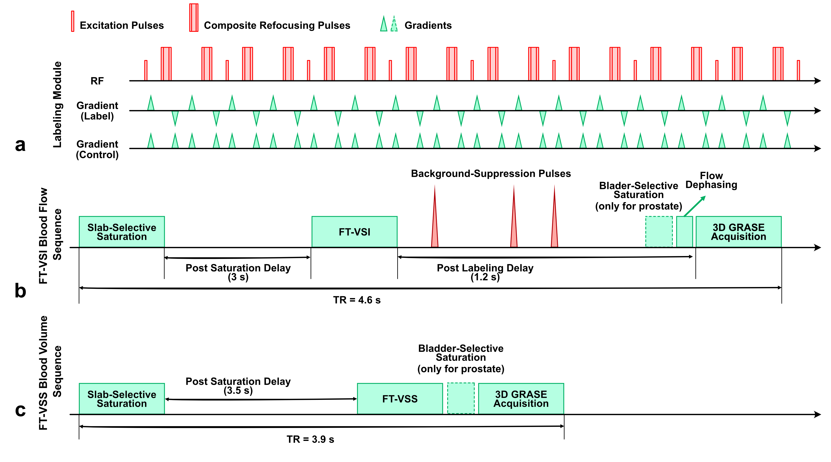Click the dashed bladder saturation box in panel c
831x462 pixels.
[461, 398]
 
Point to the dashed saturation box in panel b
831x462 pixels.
[659, 232]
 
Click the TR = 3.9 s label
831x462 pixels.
[310, 439]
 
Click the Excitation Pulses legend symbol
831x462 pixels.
[73, 21]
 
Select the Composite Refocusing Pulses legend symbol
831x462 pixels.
[194, 18]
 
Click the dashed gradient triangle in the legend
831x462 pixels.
[394, 24]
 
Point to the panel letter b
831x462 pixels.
[20, 291]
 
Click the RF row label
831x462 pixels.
[97, 81]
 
